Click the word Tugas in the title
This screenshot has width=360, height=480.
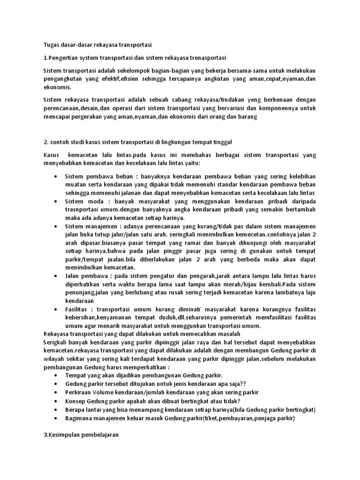pyautogui.click(x=51, y=45)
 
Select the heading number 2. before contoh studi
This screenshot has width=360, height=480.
pyautogui.click(x=45, y=142)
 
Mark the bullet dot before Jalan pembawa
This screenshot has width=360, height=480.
pyautogui.click(x=56, y=276)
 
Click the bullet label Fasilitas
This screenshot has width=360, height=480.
pyautogui.click(x=77, y=309)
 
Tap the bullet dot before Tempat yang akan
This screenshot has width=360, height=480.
pyautogui.click(x=56, y=375)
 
